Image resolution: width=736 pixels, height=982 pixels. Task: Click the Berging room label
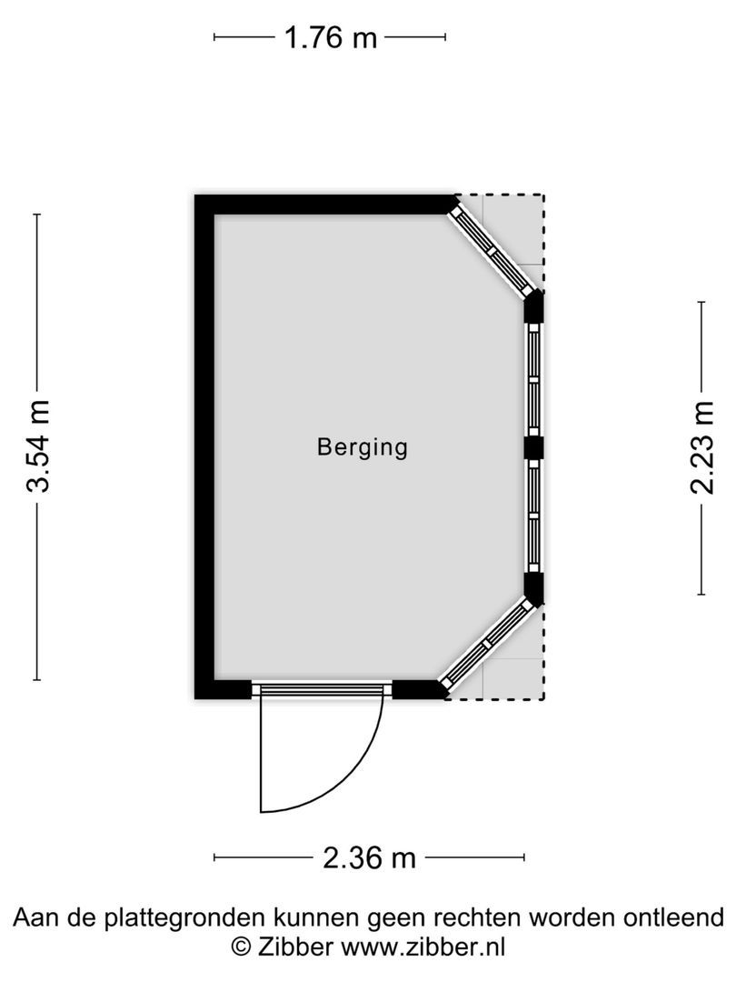[363, 447]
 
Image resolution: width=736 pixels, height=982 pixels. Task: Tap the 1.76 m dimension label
[330, 38]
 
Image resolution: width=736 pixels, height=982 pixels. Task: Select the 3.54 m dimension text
[38, 446]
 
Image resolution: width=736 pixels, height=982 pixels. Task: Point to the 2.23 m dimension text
[702, 447]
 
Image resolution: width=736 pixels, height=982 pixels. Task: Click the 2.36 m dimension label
[369, 857]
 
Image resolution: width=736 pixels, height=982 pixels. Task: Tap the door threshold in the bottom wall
[322, 690]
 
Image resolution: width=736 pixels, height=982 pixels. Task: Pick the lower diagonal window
[487, 643]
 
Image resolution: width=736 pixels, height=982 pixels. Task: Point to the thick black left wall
[204, 446]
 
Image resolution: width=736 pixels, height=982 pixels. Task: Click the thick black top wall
[327, 204]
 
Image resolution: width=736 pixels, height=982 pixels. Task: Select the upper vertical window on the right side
[533, 379]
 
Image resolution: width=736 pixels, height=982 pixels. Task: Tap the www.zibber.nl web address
[423, 947]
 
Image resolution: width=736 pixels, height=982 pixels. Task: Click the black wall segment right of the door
[418, 690]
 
